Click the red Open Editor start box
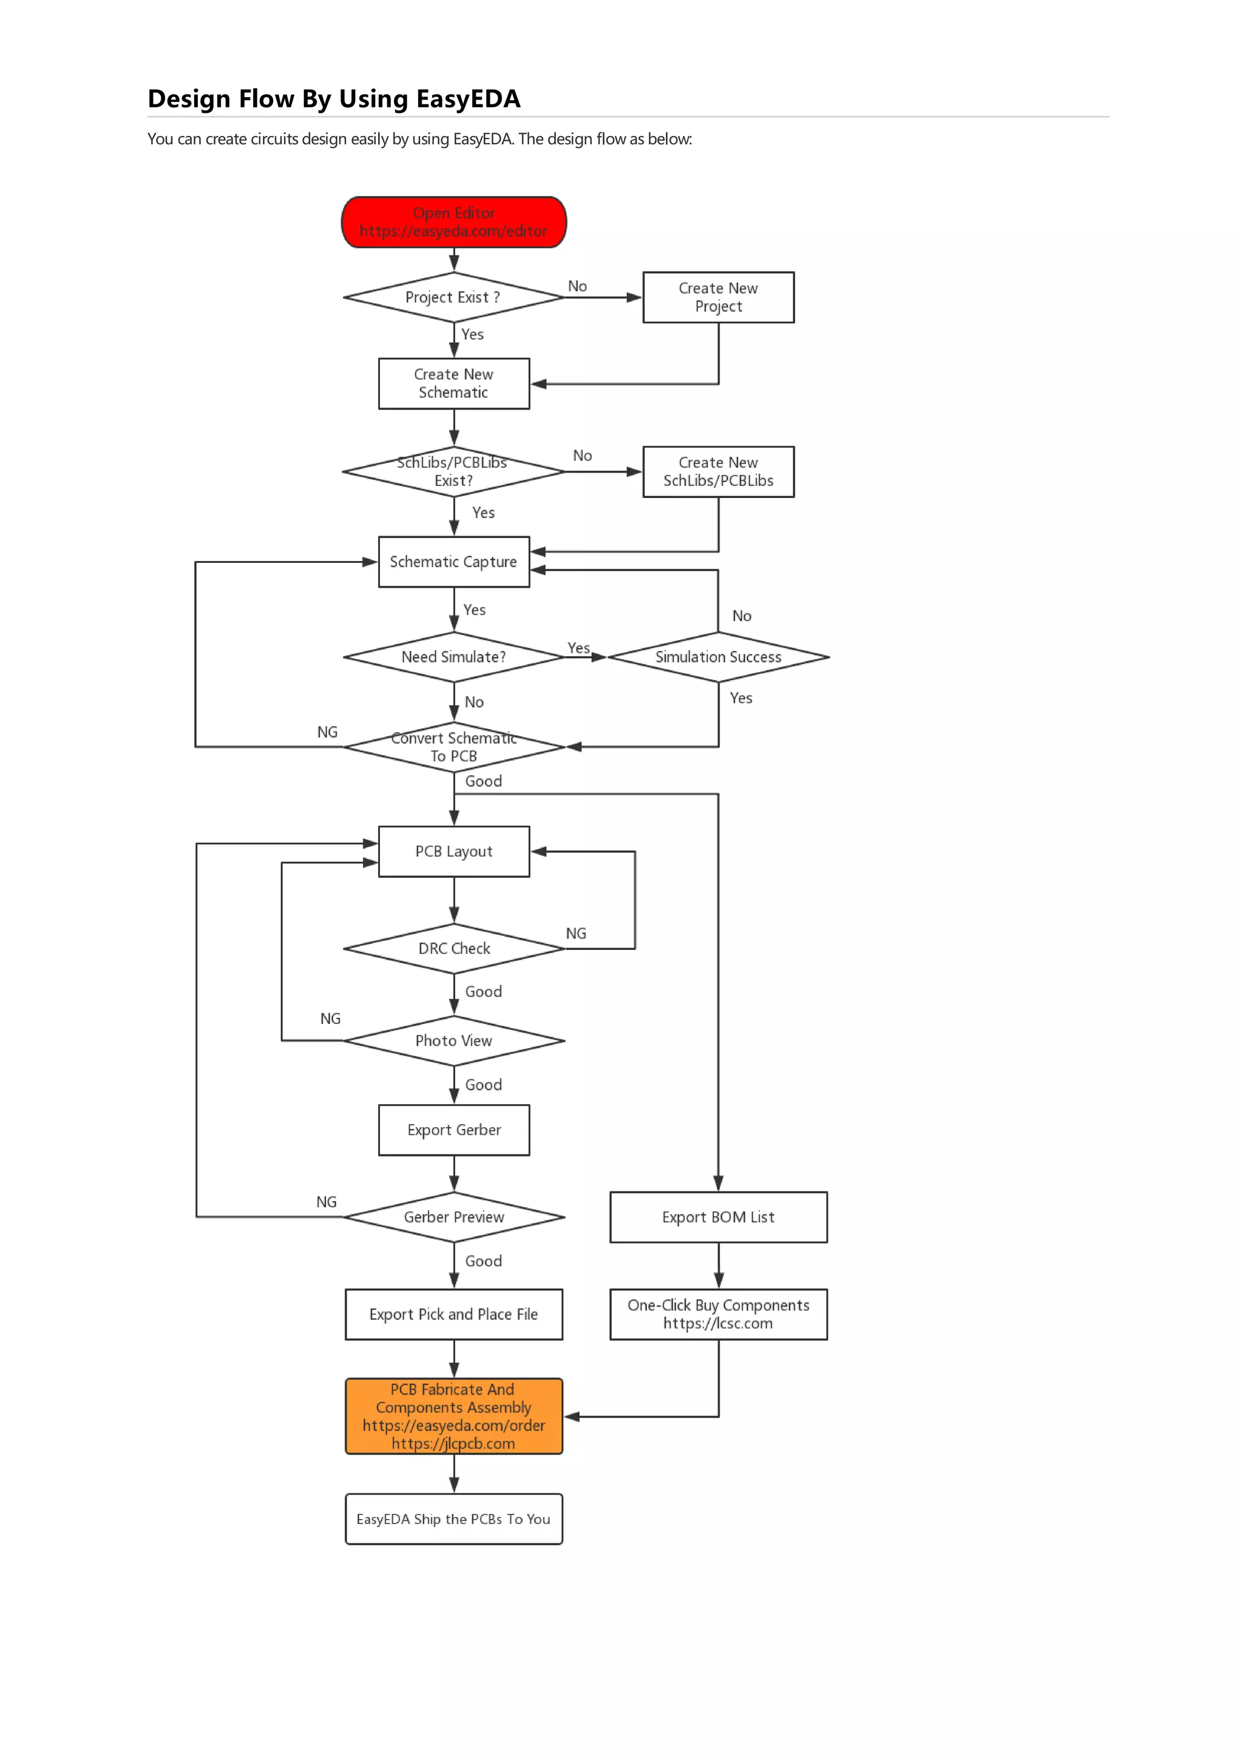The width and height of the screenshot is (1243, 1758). pyautogui.click(x=453, y=222)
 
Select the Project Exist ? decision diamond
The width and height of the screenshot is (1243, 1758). pyautogui.click(x=453, y=297)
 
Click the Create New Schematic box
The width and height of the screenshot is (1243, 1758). pyautogui.click(x=453, y=383)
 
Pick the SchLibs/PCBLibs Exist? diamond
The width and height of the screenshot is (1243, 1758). pyautogui.click(x=453, y=472)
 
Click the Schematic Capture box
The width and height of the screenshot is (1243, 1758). pyautogui.click(x=453, y=562)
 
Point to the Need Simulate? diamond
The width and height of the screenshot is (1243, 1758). pyautogui.click(x=453, y=657)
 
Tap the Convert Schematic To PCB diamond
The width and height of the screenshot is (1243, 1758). pyautogui.click(x=453, y=747)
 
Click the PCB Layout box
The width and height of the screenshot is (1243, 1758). pyautogui.click(x=453, y=852)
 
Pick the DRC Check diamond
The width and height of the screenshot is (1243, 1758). pyautogui.click(x=453, y=949)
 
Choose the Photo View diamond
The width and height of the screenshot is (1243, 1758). pyautogui.click(x=453, y=1040)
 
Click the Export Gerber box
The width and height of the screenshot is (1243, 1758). pyautogui.click(x=453, y=1130)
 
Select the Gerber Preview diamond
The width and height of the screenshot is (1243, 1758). pyautogui.click(x=453, y=1217)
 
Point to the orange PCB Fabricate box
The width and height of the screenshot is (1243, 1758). pyautogui.click(x=453, y=1416)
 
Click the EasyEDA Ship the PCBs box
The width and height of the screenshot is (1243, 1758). pyautogui.click(x=453, y=1519)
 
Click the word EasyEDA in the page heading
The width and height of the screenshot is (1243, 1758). pyautogui.click(x=468, y=99)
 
